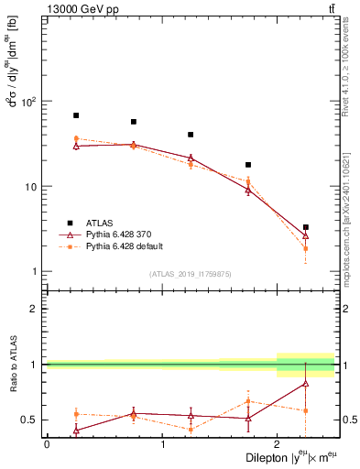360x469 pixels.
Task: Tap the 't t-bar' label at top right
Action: (331, 8)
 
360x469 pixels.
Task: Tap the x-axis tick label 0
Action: (47, 444)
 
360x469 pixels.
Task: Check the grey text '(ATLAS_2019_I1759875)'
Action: (191, 273)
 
